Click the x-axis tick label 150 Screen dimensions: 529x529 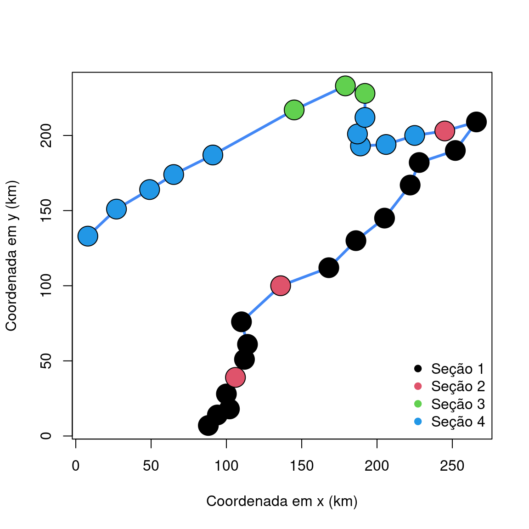click(x=301, y=466)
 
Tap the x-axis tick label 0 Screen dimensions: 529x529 click(x=75, y=466)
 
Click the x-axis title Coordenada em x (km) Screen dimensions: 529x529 click(x=281, y=501)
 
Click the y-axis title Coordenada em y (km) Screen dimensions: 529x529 click(x=11, y=255)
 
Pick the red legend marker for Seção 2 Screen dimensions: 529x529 click(x=418, y=386)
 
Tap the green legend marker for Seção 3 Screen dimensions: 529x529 click(x=418, y=404)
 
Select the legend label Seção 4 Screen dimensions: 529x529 click(x=457, y=422)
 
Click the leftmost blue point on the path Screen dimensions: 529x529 click(x=88, y=236)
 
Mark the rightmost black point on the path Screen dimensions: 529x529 click(x=476, y=122)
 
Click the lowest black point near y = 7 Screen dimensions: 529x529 click(x=208, y=426)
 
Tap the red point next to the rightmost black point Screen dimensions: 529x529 click(x=445, y=131)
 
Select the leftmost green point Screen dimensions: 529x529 click(x=294, y=110)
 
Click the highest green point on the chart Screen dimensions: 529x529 click(x=345, y=86)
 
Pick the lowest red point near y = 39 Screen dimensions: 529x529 click(x=235, y=377)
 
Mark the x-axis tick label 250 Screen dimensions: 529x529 click(x=452, y=466)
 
